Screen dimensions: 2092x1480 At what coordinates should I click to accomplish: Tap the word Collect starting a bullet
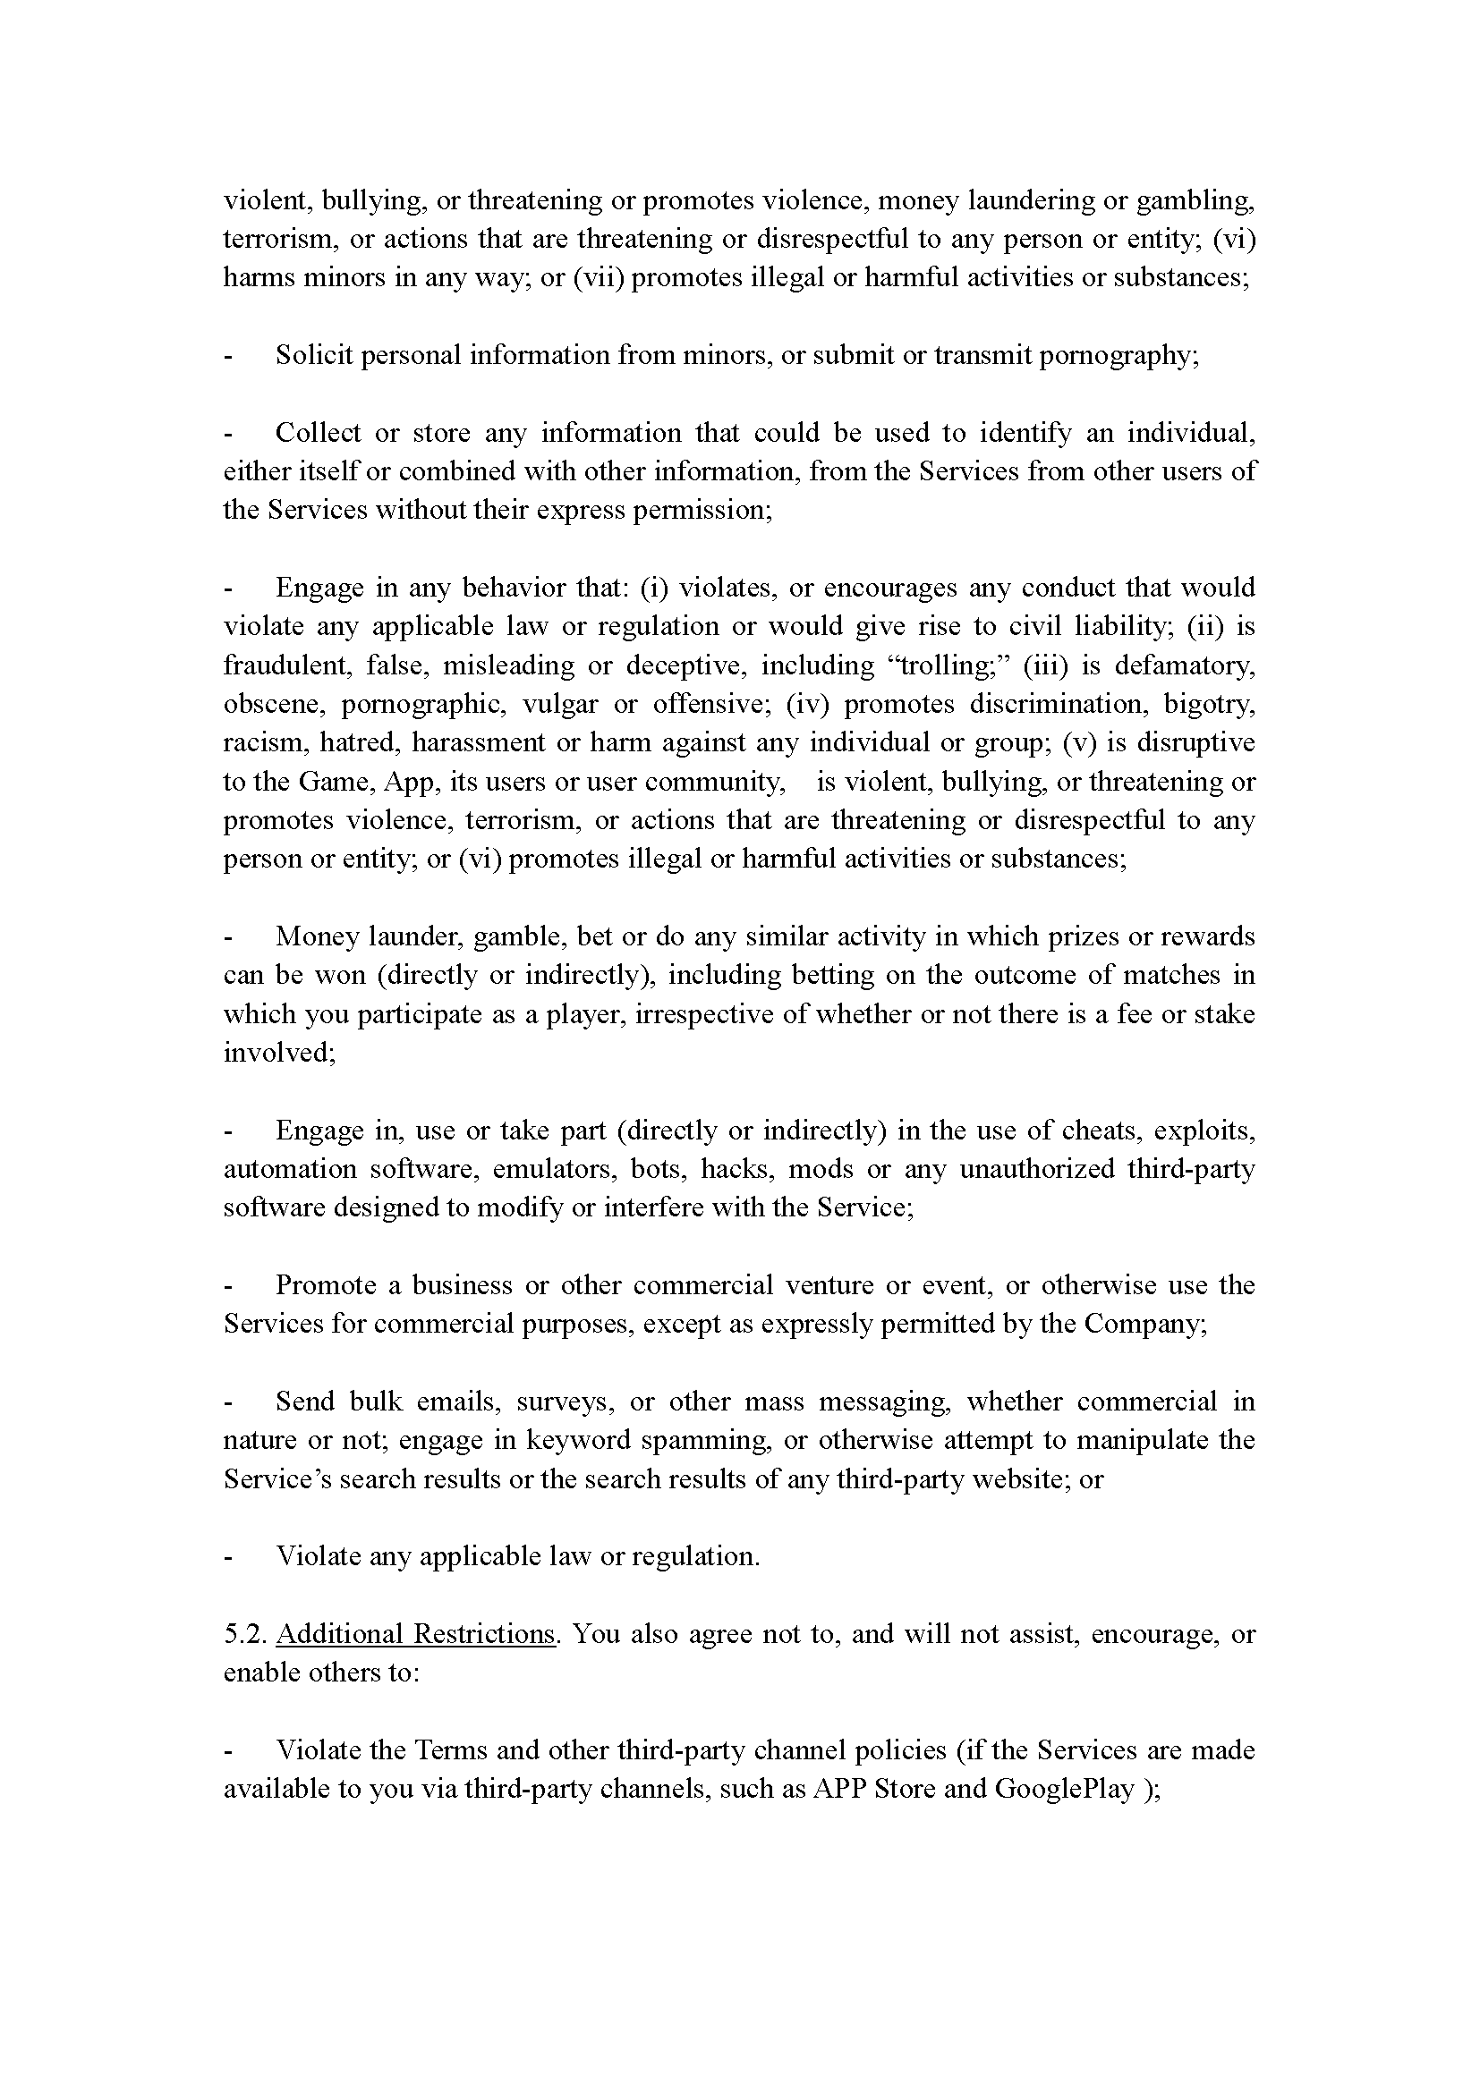[x=317, y=432]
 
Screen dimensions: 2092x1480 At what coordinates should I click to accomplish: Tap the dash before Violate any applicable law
[x=228, y=1556]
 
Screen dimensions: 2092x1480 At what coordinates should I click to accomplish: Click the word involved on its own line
[x=279, y=1053]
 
